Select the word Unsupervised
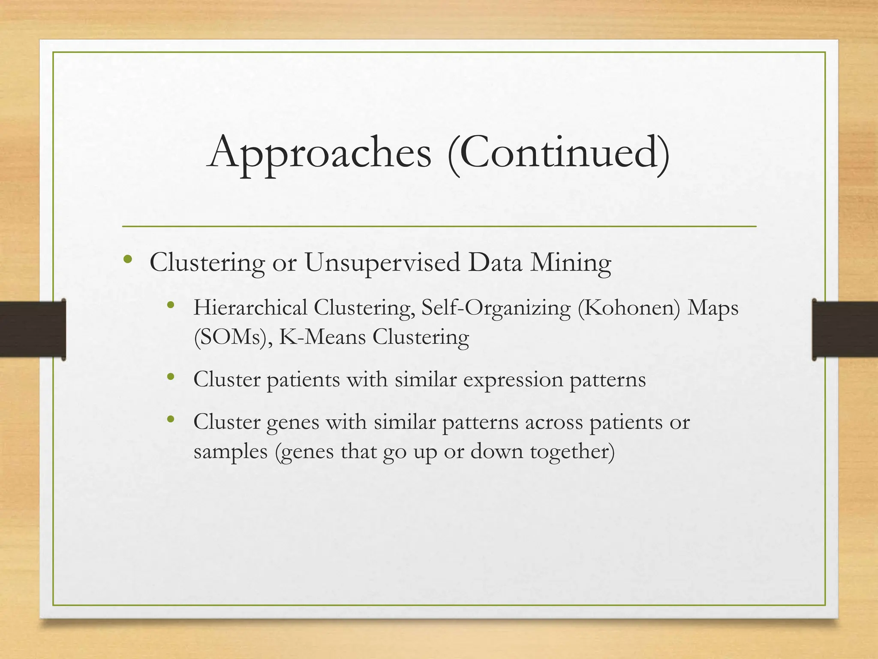pos(382,263)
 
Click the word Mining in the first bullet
pos(571,263)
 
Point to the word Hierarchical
pos(250,308)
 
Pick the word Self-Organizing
pos(496,308)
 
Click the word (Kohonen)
pos(629,308)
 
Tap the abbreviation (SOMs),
pos(233,337)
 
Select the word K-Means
pos(322,337)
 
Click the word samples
pos(231,452)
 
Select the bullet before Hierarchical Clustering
pos(171,305)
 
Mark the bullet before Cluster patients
pos(171,377)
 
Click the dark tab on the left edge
pos(33,329)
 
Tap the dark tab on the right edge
pos(845,329)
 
